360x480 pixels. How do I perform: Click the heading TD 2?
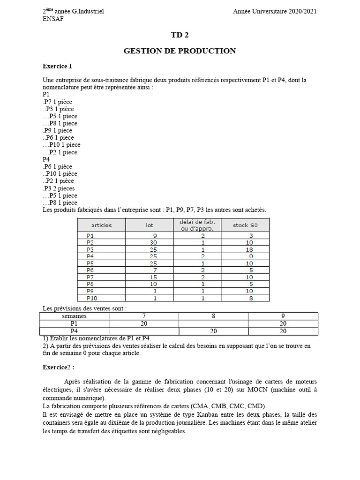pos(180,35)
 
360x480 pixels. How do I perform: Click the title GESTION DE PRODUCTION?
pos(180,51)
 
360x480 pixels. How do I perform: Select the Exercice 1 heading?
pos(57,66)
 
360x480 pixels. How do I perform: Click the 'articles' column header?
pos(102,225)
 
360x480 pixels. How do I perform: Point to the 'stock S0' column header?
pos(245,225)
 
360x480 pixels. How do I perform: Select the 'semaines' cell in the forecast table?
pos(74,316)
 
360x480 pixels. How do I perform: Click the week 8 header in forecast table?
pos(213,316)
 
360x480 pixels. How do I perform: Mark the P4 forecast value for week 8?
pos(213,331)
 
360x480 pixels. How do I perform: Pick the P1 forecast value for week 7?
pos(144,323)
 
